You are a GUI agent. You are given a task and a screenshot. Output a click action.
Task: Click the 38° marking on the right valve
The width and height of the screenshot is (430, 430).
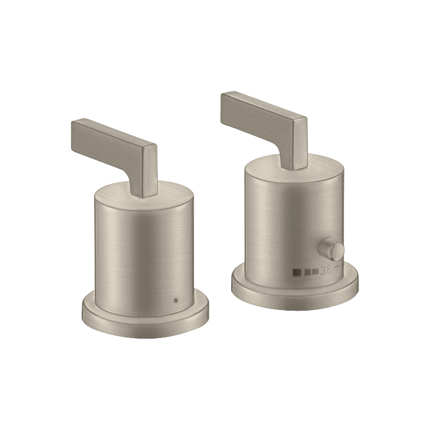point(327,270)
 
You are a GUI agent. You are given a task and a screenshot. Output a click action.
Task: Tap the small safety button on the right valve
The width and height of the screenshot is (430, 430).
point(331,249)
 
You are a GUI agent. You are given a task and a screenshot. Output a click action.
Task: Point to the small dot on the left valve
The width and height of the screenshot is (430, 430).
point(176,300)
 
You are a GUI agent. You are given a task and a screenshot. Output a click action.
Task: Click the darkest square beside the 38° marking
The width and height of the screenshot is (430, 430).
point(297,273)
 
